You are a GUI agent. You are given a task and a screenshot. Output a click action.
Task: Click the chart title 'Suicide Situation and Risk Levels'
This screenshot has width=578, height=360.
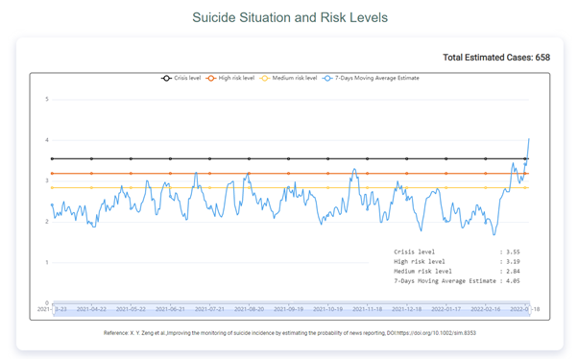(288, 18)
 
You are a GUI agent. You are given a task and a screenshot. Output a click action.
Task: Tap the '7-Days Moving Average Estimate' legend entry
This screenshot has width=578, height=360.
(370, 78)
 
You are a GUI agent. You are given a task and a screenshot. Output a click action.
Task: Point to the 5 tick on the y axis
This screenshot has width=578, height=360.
(47, 99)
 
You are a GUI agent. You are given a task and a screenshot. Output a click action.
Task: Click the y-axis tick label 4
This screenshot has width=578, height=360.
(47, 140)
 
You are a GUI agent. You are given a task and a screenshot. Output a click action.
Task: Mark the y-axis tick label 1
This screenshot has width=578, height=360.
(47, 262)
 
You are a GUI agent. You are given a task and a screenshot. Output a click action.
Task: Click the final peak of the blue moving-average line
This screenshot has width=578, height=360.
(528, 139)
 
